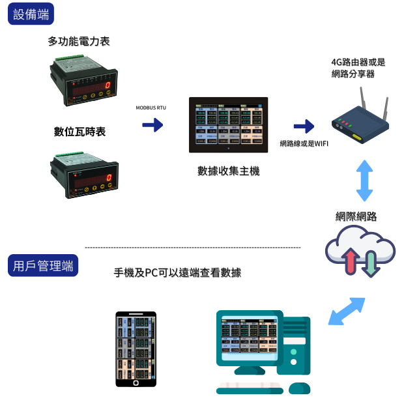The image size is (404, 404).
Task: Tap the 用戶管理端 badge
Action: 44,265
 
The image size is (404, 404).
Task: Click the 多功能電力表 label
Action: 79,41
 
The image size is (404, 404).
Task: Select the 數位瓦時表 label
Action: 79,132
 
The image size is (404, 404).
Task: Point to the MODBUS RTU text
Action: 152,106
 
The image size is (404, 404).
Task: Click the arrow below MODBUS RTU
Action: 152,125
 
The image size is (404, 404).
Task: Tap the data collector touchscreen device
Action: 228,125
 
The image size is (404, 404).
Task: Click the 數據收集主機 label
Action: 228,171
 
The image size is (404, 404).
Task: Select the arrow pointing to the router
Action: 303,126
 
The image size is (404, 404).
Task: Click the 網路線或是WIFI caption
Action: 304,143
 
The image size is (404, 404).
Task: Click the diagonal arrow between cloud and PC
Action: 346,311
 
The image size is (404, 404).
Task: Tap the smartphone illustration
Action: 136,349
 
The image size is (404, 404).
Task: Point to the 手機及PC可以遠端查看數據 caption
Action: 177,273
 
